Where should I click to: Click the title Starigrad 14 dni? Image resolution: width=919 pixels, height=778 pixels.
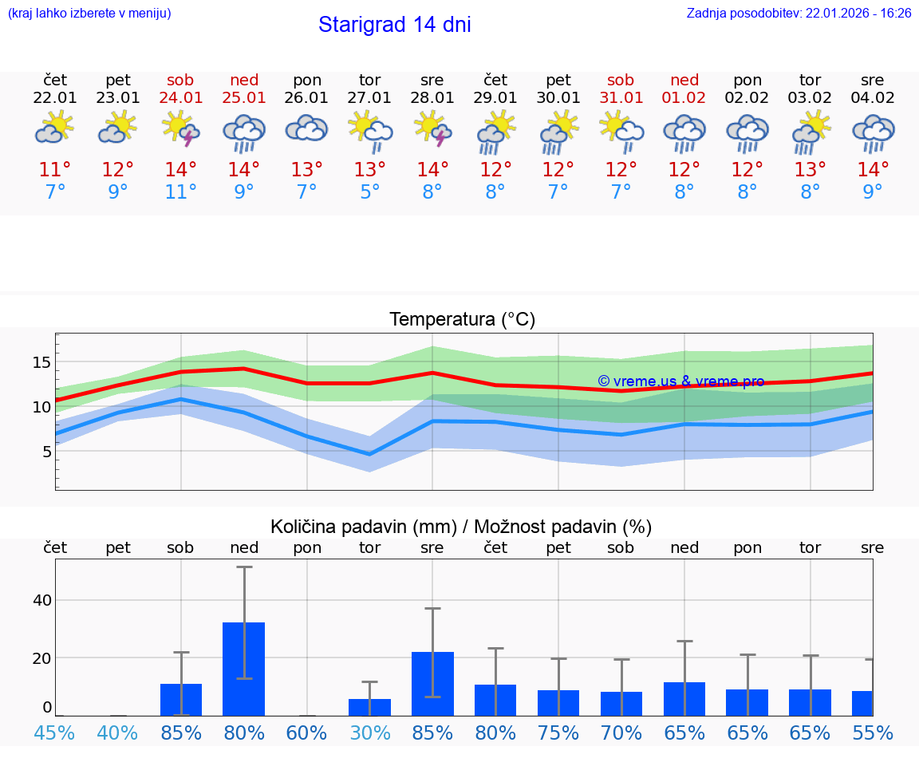click(x=394, y=25)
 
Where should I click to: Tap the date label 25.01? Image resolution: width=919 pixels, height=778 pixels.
click(x=244, y=97)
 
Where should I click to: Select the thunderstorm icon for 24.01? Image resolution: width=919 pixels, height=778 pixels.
click(x=181, y=129)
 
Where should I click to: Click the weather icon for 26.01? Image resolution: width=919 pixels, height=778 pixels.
click(x=307, y=128)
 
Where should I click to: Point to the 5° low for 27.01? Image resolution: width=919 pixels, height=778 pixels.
click(x=369, y=192)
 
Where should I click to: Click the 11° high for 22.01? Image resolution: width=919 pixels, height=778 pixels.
click(x=55, y=170)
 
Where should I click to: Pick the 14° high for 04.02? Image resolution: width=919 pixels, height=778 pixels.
click(x=873, y=170)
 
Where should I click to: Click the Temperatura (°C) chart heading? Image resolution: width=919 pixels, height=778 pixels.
click(x=462, y=320)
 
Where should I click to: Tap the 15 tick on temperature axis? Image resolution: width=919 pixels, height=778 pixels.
click(x=41, y=362)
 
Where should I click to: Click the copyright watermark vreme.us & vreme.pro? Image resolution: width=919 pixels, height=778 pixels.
click(x=680, y=381)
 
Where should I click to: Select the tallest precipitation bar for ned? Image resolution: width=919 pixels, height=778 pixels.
click(x=244, y=669)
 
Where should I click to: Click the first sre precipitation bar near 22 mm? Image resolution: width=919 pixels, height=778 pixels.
click(x=432, y=683)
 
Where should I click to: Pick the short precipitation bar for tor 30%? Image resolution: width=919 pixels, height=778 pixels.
click(x=369, y=707)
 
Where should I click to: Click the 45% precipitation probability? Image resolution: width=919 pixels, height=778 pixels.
click(x=55, y=733)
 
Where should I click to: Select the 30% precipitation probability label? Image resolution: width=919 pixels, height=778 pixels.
click(x=369, y=733)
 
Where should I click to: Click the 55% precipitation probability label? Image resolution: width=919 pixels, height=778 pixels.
click(x=873, y=733)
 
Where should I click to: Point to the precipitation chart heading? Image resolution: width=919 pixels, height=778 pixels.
click(x=461, y=527)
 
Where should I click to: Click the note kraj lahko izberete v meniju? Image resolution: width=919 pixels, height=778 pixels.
click(x=89, y=14)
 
